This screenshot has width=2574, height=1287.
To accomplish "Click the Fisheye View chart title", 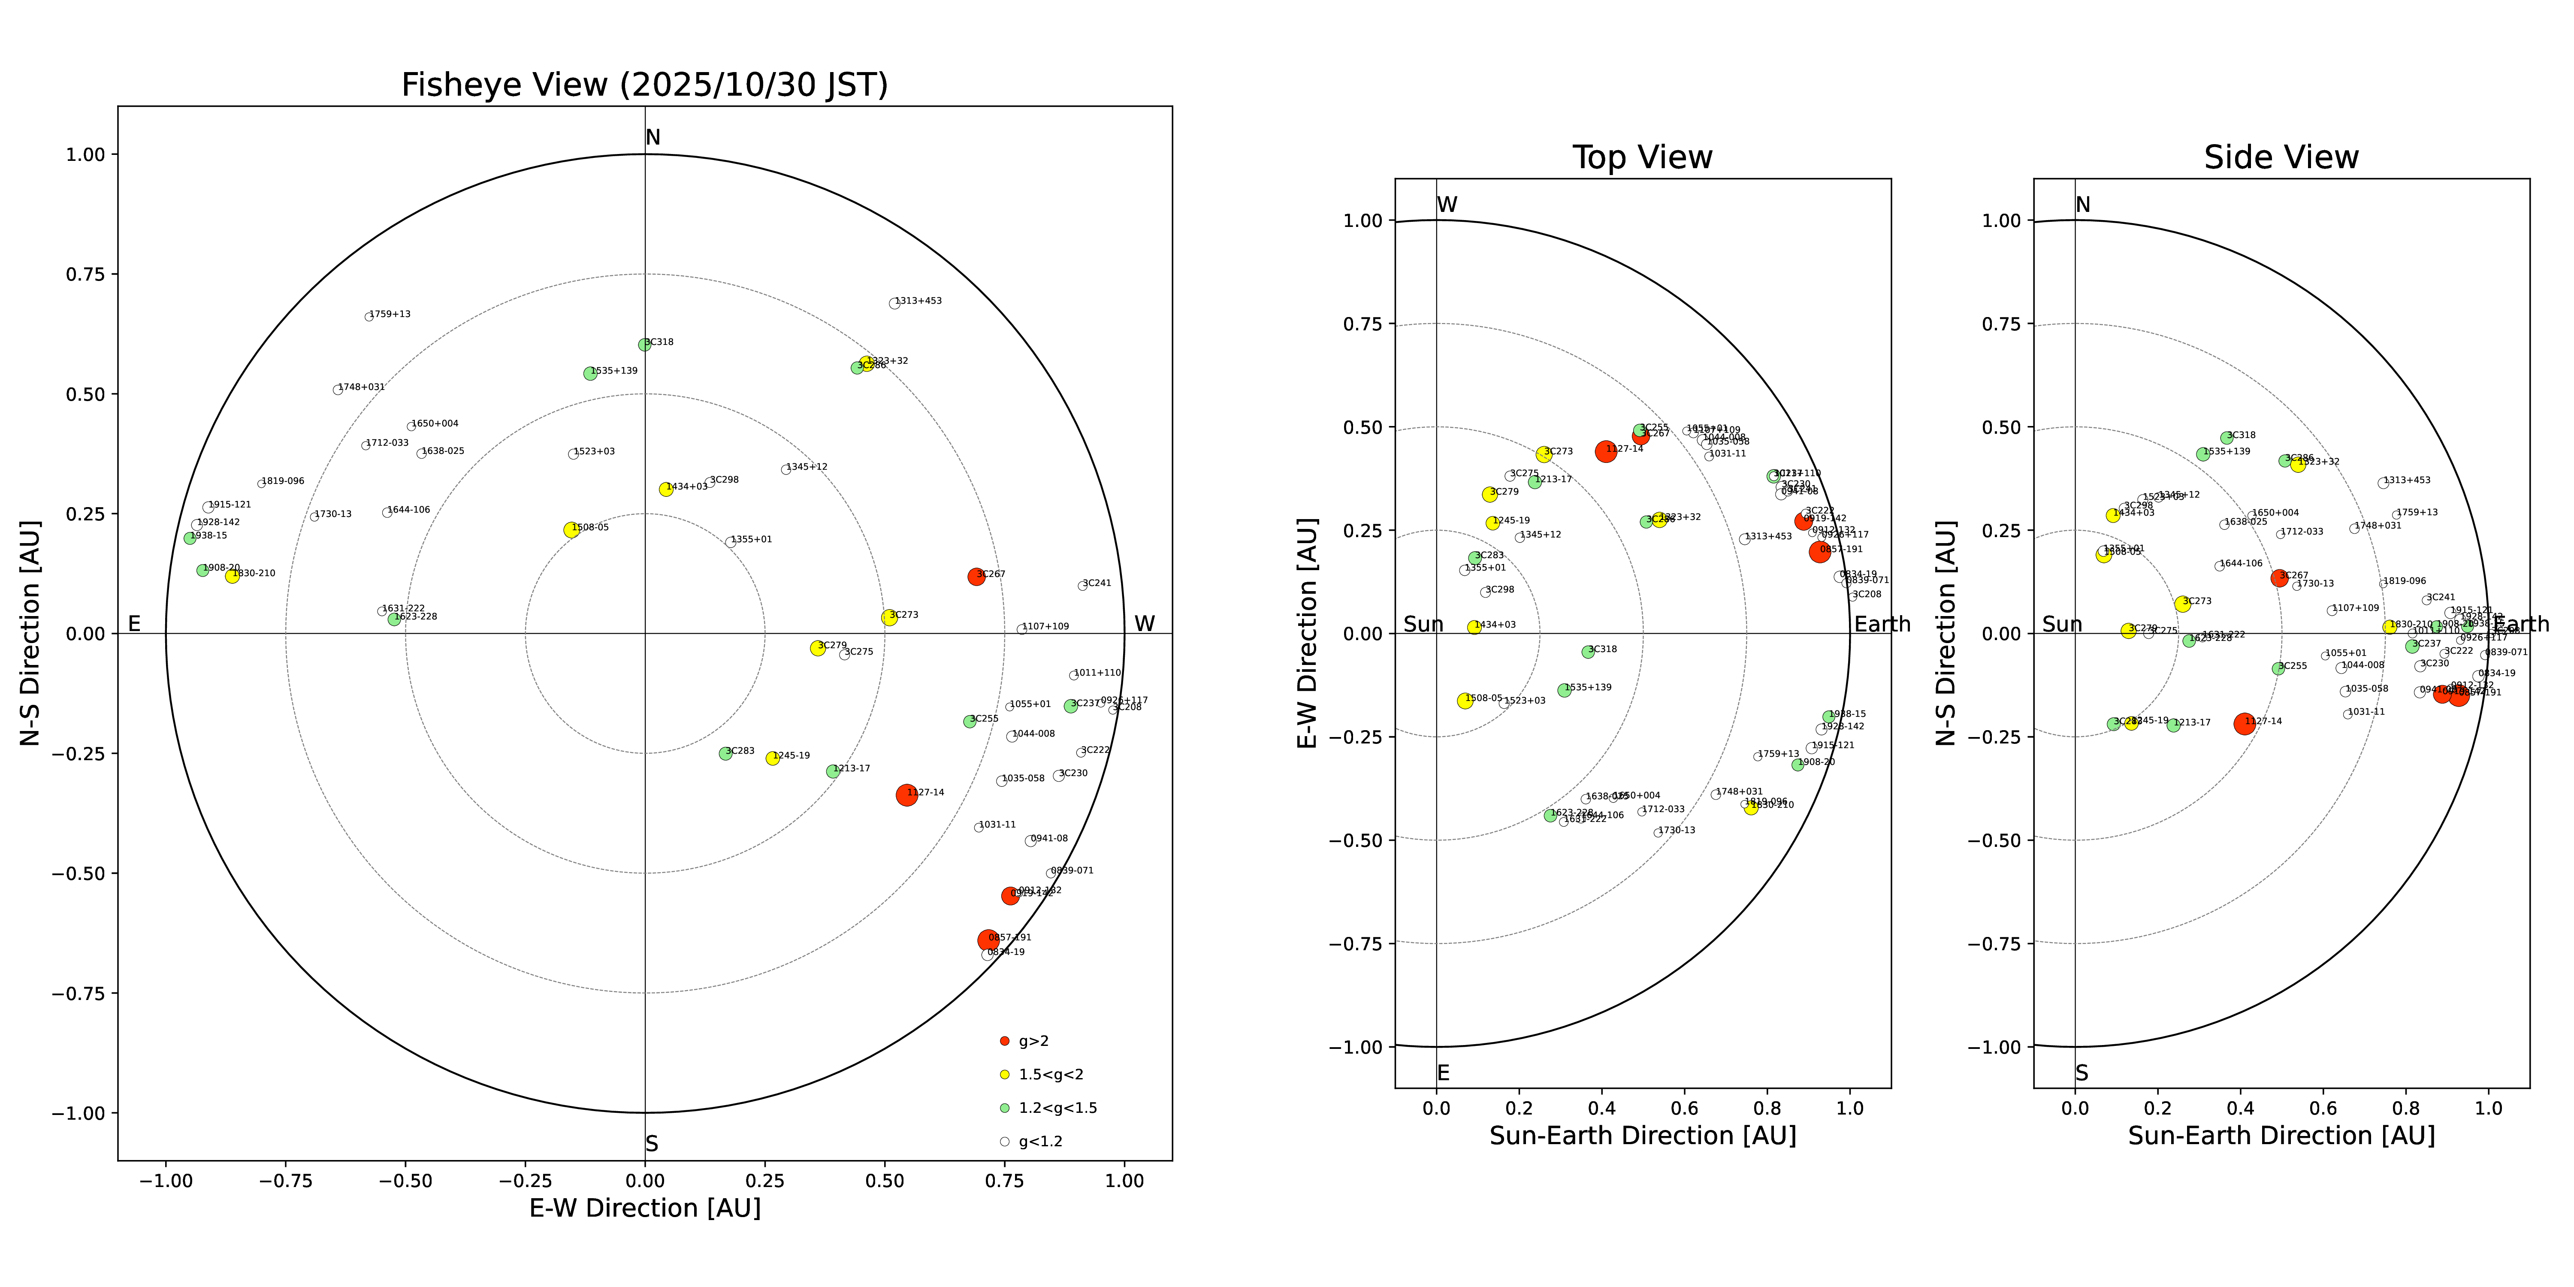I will [x=644, y=85].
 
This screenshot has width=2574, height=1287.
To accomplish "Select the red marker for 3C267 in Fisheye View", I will [x=976, y=577].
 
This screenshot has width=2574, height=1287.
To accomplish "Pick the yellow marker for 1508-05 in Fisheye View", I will [x=571, y=529].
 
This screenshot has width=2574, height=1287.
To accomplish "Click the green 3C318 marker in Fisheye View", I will [x=644, y=345].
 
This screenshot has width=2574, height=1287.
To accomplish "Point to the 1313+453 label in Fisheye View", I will [x=918, y=301].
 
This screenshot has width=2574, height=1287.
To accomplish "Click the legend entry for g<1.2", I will [x=1039, y=1141].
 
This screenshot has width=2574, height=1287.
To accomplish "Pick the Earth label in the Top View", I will [x=1882, y=625].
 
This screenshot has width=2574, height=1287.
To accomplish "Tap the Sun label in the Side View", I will [x=2061, y=625].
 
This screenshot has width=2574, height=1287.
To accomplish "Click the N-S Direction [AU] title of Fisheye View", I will [x=30, y=632].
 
